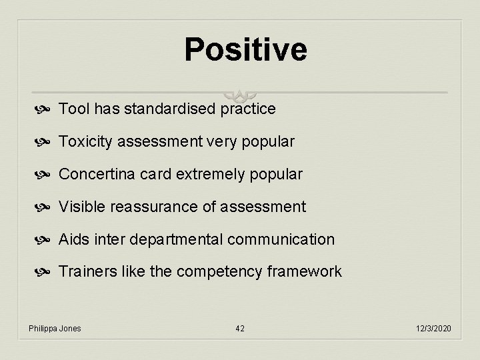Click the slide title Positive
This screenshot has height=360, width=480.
pyautogui.click(x=245, y=50)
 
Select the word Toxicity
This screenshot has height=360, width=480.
pyautogui.click(x=85, y=141)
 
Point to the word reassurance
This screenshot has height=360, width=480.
pyautogui.click(x=156, y=207)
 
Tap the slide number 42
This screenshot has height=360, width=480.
pyautogui.click(x=240, y=329)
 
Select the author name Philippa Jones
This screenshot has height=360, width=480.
pyautogui.click(x=55, y=329)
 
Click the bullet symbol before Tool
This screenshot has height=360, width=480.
pyautogui.click(x=46, y=109)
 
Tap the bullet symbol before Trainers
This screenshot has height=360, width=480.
pyautogui.click(x=46, y=272)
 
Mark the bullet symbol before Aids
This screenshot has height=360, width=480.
pyautogui.click(x=46, y=239)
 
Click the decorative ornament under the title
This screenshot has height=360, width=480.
pyautogui.click(x=240, y=94)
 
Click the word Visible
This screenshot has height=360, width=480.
pyautogui.click(x=80, y=207)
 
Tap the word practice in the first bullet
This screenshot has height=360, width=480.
pyautogui.click(x=247, y=109)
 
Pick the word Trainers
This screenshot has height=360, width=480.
pyautogui.click(x=85, y=271)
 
